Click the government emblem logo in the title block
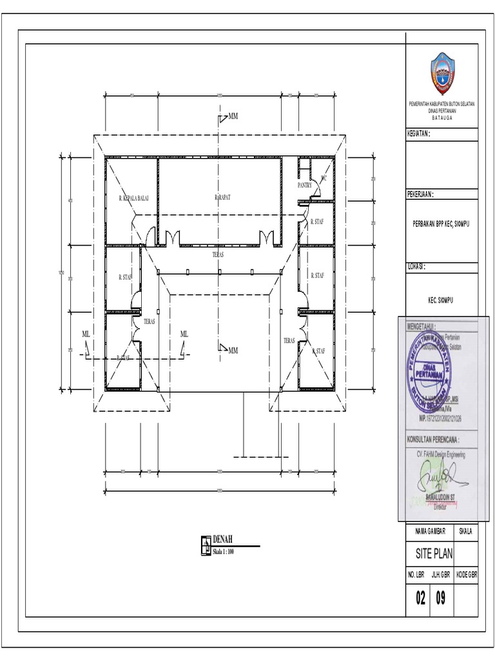click(442, 73)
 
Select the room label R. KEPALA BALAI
click(133, 198)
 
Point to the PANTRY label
click(306, 185)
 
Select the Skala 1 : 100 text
click(222, 552)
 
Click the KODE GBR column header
click(466, 573)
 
